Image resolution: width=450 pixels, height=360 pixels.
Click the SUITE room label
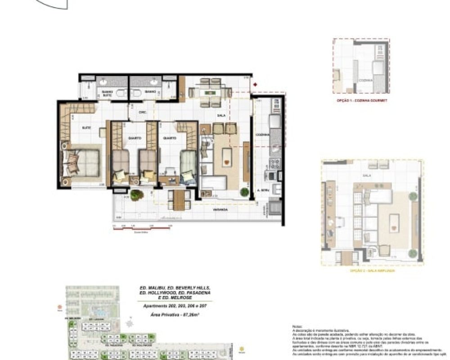point(86,128)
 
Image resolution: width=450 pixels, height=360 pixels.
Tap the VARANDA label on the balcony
point(220,210)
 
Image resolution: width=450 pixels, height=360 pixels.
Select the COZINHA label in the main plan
point(260,135)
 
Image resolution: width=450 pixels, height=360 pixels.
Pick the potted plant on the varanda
point(137,195)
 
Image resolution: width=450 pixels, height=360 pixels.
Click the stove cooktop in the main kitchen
point(273,162)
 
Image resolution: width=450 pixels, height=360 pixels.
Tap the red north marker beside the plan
point(255,84)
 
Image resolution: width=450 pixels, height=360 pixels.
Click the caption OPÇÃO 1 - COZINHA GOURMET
point(361,100)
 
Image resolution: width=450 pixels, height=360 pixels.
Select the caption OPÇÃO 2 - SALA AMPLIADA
point(372,271)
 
